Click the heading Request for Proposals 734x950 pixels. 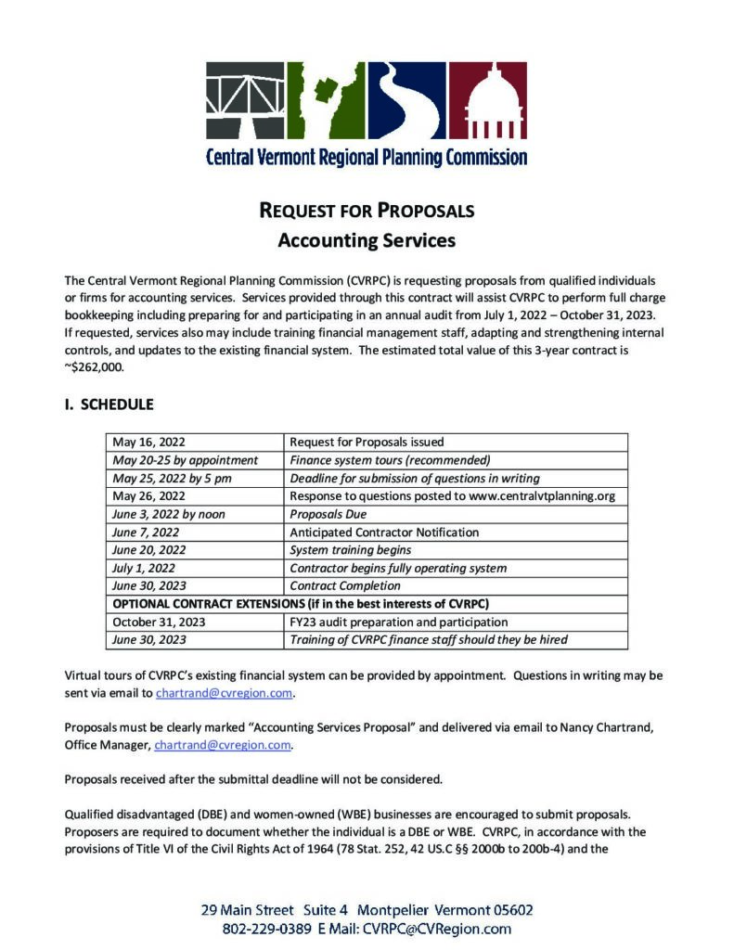click(367, 211)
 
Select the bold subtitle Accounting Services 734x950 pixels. click(367, 241)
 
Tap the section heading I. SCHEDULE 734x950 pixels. click(109, 404)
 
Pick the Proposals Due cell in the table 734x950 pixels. click(328, 514)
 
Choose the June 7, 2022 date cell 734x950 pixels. click(146, 533)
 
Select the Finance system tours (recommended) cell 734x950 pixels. click(390, 460)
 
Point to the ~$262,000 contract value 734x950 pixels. click(97, 366)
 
